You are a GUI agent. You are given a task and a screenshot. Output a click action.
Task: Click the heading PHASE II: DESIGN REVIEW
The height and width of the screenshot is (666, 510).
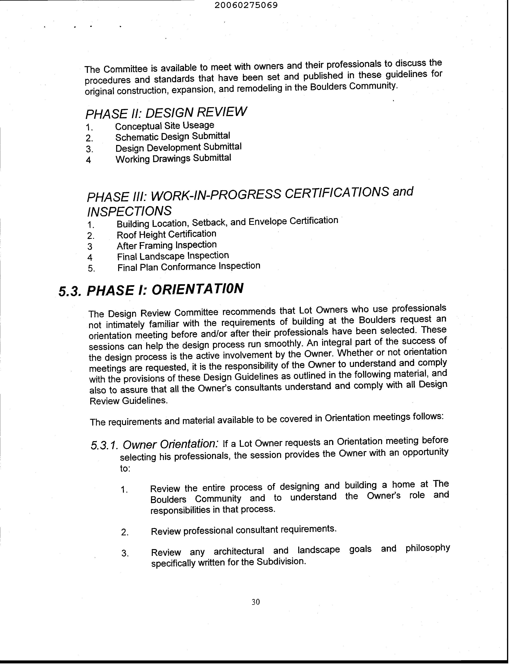166,113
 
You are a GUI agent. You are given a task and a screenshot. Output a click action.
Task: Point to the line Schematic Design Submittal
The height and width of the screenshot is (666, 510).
173,137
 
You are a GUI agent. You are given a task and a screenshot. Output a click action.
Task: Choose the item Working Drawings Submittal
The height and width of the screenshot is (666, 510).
173,158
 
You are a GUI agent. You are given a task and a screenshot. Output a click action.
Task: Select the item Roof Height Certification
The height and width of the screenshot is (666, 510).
166,234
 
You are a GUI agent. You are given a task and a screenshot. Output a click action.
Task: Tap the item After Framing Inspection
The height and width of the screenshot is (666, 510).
167,245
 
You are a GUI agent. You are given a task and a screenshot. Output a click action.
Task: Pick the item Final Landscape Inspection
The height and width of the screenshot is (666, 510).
173,256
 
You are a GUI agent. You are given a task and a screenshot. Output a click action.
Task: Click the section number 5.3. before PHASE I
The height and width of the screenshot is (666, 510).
70,291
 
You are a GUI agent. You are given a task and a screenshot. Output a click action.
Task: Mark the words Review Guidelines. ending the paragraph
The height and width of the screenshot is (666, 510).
128,401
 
